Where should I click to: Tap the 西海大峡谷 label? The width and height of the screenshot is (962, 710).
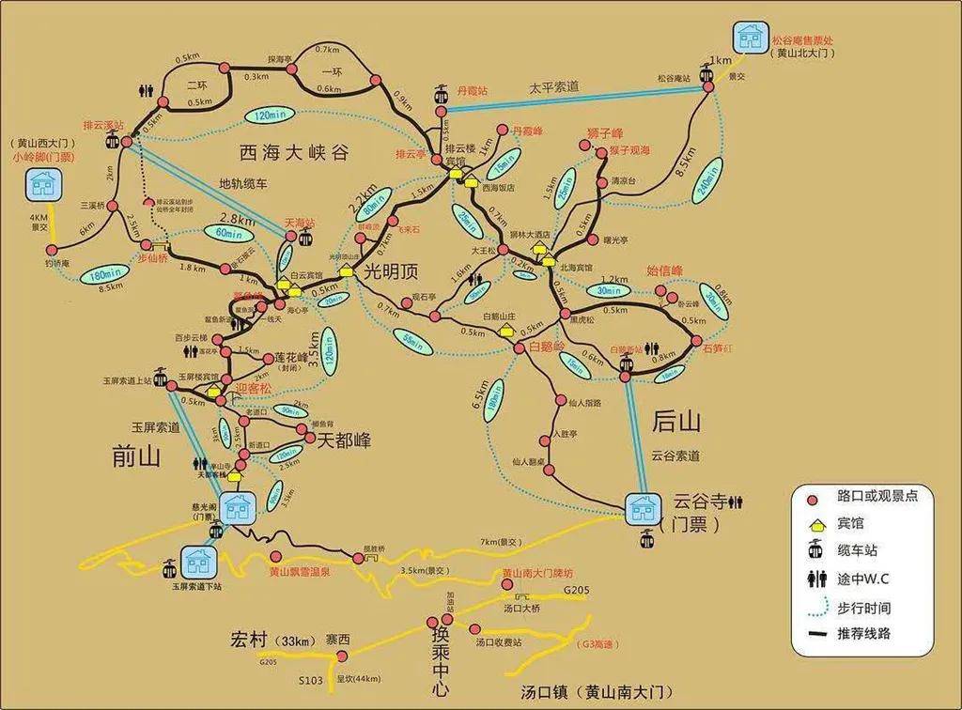pyautogui.click(x=293, y=152)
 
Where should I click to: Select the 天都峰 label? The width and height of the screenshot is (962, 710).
pyautogui.click(x=345, y=439)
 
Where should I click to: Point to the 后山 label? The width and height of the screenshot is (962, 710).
pyautogui.click(x=677, y=420)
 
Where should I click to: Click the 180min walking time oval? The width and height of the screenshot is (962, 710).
pyautogui.click(x=102, y=275)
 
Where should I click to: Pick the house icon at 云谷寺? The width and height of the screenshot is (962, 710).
pyautogui.click(x=644, y=508)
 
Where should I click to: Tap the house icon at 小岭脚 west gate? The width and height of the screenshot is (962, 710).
pyautogui.click(x=41, y=185)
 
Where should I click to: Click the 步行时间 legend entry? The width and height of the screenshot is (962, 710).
pyautogui.click(x=863, y=607)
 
